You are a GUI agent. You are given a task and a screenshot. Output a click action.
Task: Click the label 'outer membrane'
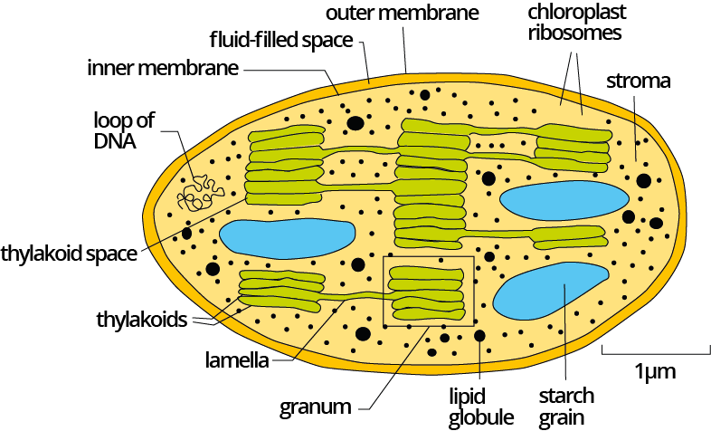403,13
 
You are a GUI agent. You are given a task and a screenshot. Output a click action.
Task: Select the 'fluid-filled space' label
281,40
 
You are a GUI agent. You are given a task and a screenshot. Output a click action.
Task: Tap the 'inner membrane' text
163,68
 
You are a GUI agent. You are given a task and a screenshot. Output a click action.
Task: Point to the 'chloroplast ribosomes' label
576,23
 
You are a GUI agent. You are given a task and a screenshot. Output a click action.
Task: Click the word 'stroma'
638,81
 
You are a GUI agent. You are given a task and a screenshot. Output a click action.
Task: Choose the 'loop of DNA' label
123,130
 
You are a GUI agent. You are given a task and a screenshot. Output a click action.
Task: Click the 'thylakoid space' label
69,254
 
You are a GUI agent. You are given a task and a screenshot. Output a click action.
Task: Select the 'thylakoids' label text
141,320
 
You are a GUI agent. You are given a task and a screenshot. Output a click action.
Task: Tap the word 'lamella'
237,360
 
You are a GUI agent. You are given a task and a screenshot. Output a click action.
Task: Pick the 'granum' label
315,407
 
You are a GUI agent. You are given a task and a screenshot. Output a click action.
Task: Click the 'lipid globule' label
480,407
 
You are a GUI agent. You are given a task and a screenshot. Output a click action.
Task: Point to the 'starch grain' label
566,407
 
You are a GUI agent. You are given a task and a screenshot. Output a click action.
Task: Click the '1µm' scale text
655,371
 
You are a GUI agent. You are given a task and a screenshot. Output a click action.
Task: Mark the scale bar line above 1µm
656,353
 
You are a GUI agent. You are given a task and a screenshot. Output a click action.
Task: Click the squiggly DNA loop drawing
201,194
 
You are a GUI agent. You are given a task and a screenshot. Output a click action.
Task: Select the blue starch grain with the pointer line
551,291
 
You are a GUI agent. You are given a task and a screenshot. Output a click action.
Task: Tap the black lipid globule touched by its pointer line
479,336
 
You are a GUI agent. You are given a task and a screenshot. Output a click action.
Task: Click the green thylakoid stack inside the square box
427,293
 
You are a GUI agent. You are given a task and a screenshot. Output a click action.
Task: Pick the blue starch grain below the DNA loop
287,239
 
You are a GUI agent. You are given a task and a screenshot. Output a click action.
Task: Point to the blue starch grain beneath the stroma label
564,200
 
